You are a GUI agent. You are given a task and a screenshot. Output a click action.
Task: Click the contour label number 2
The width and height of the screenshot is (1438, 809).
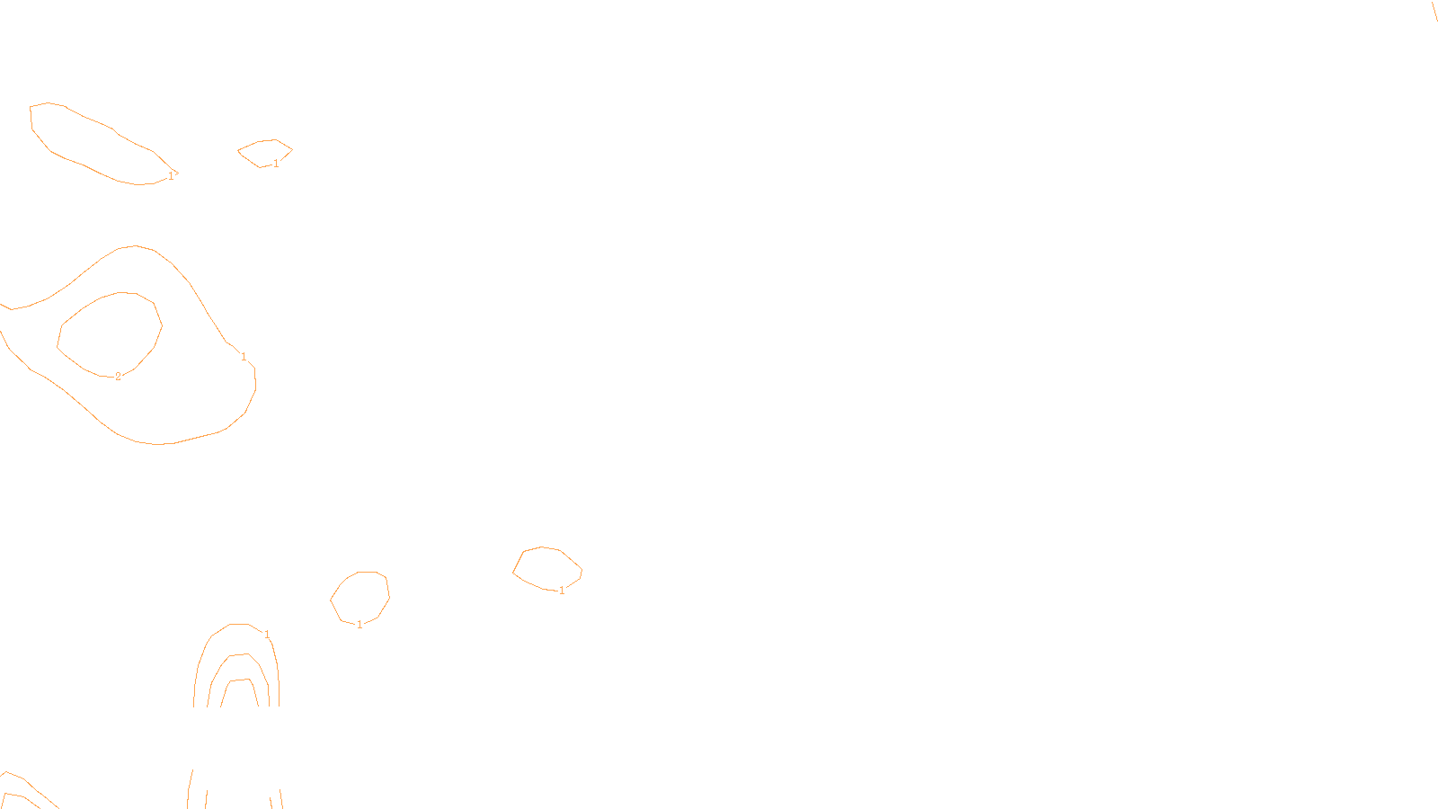(118, 377)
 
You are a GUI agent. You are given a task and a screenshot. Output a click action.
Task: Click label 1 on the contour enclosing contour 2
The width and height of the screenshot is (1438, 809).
(244, 357)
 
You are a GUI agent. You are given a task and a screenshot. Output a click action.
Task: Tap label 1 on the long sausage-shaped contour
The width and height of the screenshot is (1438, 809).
(171, 176)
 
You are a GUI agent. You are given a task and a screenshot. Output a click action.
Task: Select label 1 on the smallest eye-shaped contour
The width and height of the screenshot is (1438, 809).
(276, 164)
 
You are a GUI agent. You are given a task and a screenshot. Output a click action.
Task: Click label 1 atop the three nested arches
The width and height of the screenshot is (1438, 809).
(267, 635)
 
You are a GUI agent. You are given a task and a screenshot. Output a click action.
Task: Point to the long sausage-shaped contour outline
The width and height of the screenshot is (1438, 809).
(90, 117)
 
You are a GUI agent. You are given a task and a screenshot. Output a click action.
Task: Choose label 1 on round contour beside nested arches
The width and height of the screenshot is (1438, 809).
(359, 625)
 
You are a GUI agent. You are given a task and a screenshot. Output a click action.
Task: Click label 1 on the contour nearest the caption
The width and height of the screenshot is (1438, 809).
(562, 591)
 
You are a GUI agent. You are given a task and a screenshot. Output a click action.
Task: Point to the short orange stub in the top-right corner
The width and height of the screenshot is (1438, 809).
(1434, 11)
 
